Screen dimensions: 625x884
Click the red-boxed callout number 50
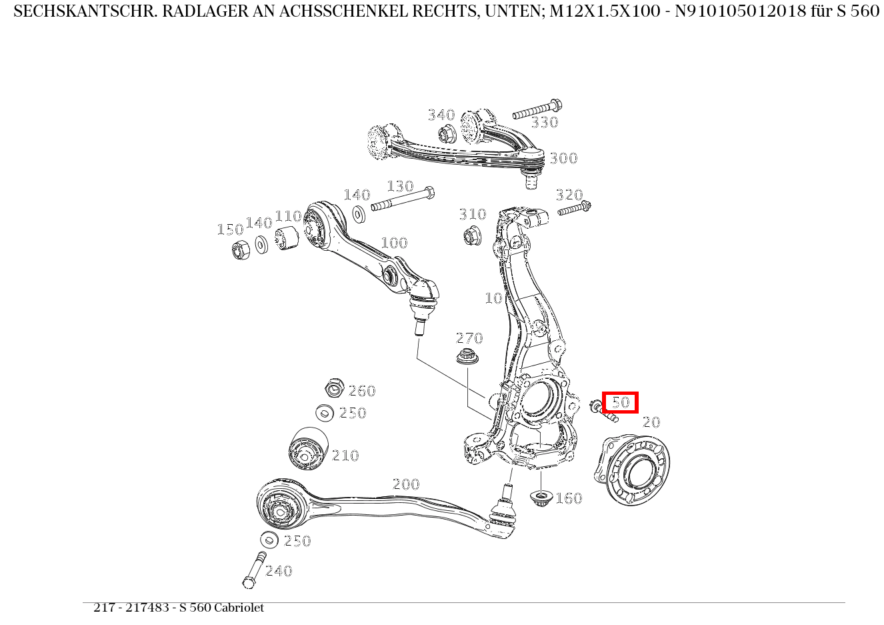(x=621, y=402)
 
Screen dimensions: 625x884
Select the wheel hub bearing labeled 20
(x=631, y=470)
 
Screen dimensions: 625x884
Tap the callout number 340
(x=441, y=115)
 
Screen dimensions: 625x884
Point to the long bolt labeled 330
(x=537, y=109)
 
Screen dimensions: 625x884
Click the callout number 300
(x=563, y=159)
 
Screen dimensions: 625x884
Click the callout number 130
(x=400, y=186)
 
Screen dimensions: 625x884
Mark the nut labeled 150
(x=241, y=249)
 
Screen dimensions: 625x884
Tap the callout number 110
(x=288, y=216)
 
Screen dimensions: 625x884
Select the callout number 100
(x=393, y=243)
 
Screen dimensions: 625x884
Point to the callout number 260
(x=362, y=391)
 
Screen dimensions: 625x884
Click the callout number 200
(x=405, y=484)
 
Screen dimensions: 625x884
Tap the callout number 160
(x=569, y=498)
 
